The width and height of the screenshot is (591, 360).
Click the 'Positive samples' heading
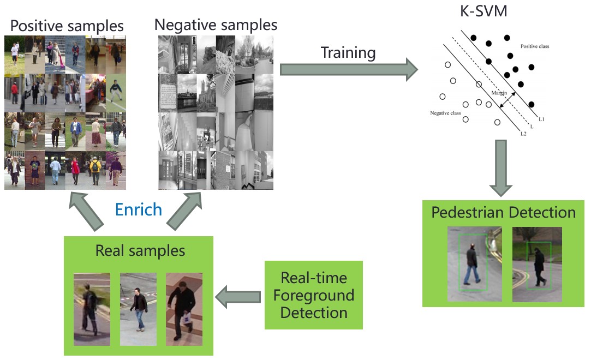67,26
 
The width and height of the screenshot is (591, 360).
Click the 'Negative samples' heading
216,25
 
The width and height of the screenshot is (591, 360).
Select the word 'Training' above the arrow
348,53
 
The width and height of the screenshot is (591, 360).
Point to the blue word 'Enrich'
139,209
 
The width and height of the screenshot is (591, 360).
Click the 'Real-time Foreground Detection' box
313,295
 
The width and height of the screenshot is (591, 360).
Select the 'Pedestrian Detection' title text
503,212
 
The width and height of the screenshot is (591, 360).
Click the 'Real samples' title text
140,251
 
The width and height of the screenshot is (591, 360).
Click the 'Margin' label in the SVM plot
498,93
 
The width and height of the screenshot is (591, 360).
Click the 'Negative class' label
445,113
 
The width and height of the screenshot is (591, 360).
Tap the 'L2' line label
523,134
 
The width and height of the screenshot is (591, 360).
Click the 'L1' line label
541,119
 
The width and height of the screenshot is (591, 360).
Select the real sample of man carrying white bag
184,309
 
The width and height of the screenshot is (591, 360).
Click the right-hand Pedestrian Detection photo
537,264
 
